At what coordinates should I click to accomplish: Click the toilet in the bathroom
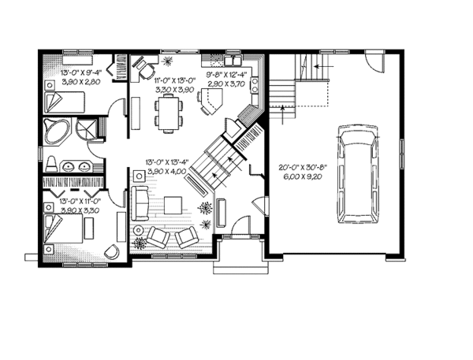coord(50,164)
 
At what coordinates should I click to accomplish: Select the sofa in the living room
coord(139,204)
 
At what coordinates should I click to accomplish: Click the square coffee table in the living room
coord(173,206)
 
